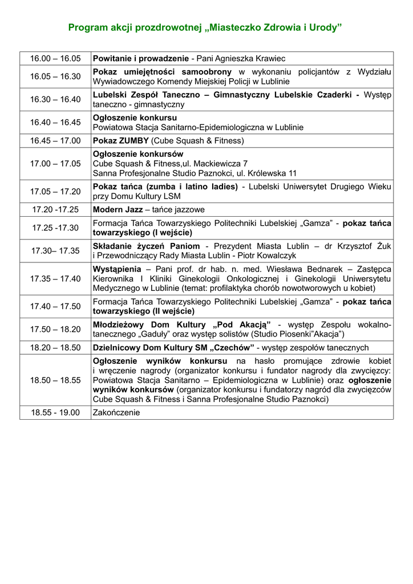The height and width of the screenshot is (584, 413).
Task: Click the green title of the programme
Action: click(x=205, y=27)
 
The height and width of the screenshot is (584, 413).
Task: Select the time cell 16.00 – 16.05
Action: click(x=55, y=59)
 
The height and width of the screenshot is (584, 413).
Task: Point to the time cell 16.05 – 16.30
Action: click(x=55, y=76)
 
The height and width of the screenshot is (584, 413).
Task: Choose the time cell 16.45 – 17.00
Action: click(x=55, y=140)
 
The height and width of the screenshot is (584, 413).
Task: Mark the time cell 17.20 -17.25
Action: click(x=55, y=210)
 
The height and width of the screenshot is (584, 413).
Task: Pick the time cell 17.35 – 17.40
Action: click(x=55, y=278)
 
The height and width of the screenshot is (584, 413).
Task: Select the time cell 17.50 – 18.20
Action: click(x=55, y=329)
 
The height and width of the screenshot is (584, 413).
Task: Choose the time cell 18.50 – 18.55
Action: click(x=55, y=380)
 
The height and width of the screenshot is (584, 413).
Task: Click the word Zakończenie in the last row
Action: click(x=116, y=412)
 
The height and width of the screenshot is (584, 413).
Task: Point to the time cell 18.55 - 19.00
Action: click(x=55, y=412)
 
